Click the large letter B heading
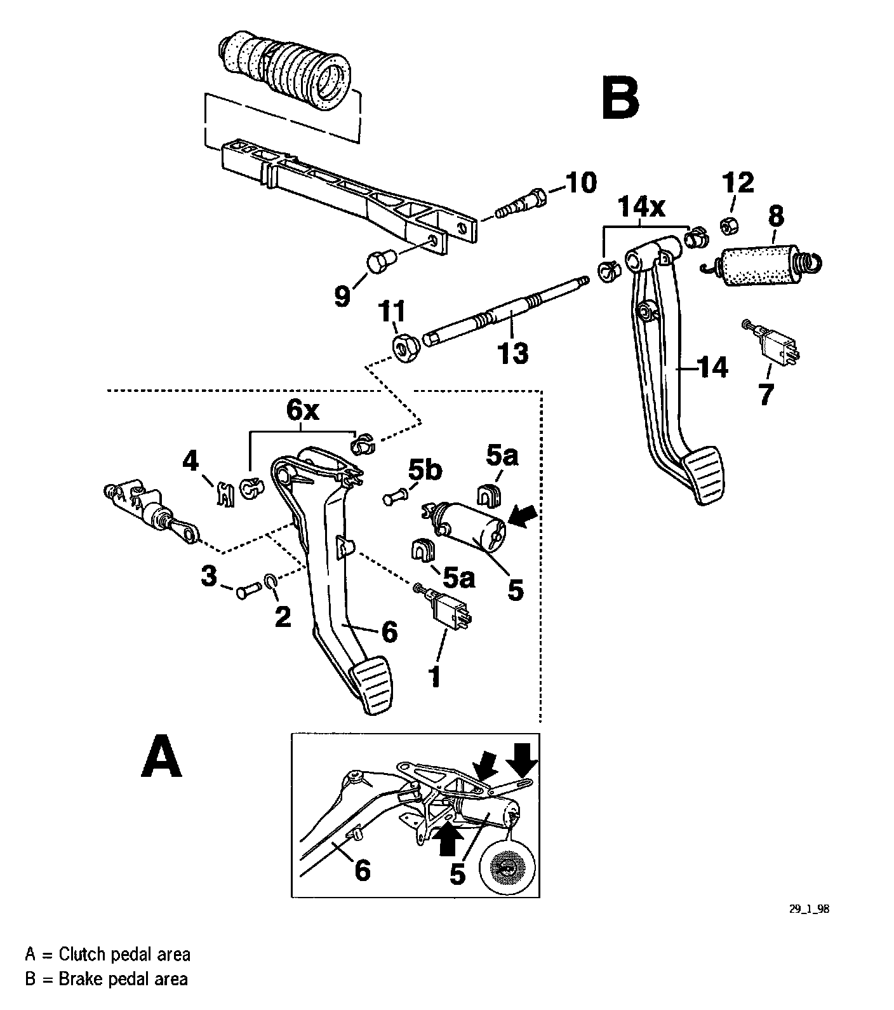[x=620, y=99]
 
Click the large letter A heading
[x=161, y=755]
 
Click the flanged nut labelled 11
[x=403, y=347]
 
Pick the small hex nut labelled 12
[x=728, y=224]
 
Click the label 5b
[x=424, y=471]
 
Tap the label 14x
[x=642, y=206]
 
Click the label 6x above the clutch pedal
[x=302, y=411]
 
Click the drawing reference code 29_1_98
[x=809, y=909]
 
